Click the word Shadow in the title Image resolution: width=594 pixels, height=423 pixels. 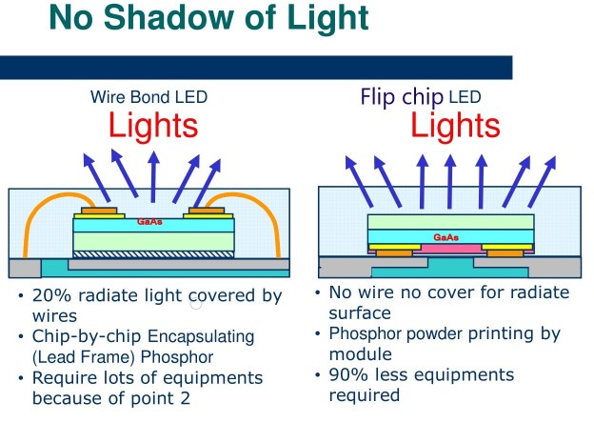tap(169, 17)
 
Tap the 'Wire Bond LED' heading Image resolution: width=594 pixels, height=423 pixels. tap(148, 97)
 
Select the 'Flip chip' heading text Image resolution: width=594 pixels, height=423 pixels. tap(402, 97)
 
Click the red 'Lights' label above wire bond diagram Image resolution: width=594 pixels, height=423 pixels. tap(153, 125)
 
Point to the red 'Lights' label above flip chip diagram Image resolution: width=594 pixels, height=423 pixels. tap(455, 125)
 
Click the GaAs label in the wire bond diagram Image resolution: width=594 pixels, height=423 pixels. tap(149, 221)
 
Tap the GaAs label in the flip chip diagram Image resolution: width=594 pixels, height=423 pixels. tap(446, 237)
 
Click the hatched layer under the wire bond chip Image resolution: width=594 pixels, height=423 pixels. tap(153, 254)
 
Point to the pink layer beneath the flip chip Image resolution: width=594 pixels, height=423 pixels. tap(451, 249)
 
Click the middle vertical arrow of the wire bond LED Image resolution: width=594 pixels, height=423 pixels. tap(153, 176)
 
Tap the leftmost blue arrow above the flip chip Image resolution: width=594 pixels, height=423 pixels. tap(359, 182)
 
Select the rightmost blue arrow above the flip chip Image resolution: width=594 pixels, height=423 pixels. tap(542, 182)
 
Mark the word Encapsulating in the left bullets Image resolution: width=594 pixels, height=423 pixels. tap(201, 336)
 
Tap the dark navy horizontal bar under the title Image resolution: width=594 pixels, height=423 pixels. tap(256, 68)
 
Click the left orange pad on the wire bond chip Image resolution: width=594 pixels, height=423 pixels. tap(99, 211)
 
